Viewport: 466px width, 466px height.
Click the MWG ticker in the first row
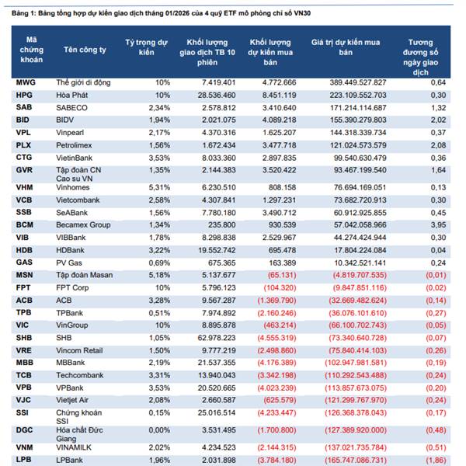coord(25,82)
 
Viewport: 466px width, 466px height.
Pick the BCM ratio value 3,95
coord(438,225)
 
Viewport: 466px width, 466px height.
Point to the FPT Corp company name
coord(74,287)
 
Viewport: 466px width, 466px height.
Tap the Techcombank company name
coord(78,374)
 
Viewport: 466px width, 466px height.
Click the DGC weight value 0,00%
coord(158,428)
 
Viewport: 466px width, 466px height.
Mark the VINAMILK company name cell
coord(75,447)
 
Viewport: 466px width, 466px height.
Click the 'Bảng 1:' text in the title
coord(22,10)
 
